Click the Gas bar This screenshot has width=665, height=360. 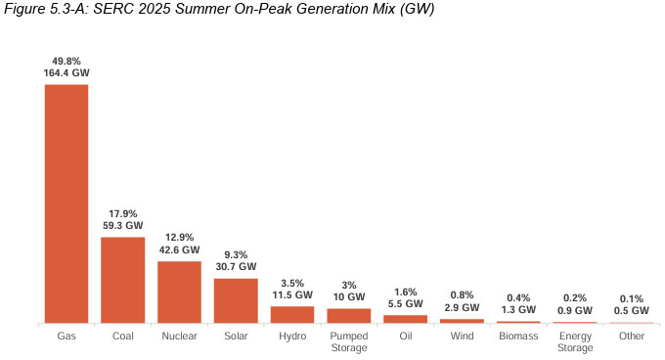66,203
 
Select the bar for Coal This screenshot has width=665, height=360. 123,280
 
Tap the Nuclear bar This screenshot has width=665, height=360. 179,292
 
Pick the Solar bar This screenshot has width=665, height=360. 236,300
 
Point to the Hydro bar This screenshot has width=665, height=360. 292,314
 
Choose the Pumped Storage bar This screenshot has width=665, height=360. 348,315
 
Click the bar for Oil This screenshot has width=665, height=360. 405,319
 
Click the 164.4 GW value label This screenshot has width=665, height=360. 66,72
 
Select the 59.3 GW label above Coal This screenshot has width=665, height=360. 123,225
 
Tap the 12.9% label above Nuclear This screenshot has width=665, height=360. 179,237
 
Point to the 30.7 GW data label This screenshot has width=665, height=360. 236,266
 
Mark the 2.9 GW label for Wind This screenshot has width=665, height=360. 462,307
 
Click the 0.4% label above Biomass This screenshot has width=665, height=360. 517,297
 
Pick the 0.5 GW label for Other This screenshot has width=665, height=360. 631,311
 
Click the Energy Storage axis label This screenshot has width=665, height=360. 574,341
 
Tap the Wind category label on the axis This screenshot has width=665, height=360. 462,336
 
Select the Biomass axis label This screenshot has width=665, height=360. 517,336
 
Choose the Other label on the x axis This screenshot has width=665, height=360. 631,336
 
